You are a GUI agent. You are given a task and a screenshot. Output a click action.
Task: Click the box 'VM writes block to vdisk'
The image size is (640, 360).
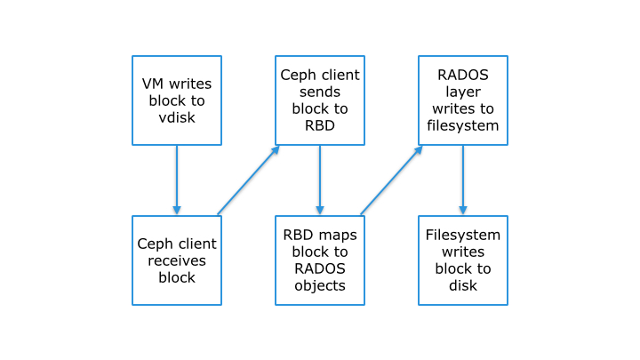tap(176, 100)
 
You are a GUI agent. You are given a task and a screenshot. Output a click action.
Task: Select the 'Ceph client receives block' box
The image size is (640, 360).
tap(176, 260)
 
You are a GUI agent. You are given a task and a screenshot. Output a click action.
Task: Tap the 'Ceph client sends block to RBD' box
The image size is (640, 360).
tap(319, 100)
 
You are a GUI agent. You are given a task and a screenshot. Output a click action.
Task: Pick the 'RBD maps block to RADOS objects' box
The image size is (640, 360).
tap(319, 260)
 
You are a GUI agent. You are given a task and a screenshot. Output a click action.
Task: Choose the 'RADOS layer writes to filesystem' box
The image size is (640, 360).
tap(462, 100)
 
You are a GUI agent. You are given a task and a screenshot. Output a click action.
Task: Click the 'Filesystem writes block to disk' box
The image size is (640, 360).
tap(462, 260)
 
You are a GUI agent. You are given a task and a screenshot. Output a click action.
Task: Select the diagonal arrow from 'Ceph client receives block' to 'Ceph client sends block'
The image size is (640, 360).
tap(248, 180)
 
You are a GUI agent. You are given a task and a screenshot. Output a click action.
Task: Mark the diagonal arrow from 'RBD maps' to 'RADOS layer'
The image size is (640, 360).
tap(391, 180)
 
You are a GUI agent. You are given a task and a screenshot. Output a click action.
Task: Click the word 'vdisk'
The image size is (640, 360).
tap(177, 116)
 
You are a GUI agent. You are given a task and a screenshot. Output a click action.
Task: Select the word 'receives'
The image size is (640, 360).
tap(177, 260)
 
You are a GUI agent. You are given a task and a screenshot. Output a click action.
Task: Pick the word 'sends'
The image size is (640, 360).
tap(320, 92)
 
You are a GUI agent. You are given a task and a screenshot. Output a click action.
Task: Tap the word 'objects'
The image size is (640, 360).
tap(320, 285)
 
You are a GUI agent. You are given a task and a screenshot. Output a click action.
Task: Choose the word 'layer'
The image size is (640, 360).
tap(463, 92)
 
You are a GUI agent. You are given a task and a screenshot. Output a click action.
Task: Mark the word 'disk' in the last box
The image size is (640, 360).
tap(463, 285)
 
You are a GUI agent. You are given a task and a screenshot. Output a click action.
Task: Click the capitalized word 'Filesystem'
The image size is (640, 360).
tap(463, 236)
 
